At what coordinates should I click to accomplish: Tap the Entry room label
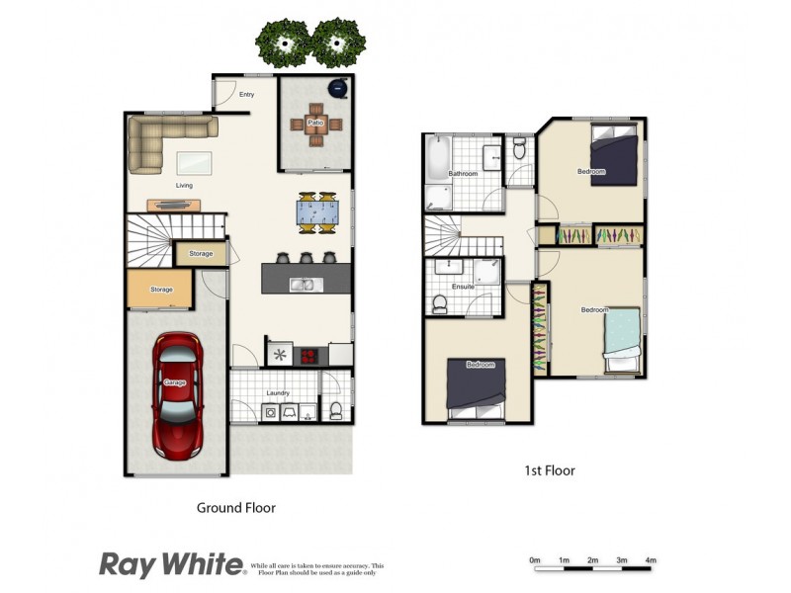click(x=247, y=95)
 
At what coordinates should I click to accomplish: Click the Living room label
click(x=184, y=185)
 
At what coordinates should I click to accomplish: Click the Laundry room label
click(x=278, y=393)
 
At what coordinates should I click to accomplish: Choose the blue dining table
click(x=320, y=212)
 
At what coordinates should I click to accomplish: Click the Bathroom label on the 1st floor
click(x=463, y=174)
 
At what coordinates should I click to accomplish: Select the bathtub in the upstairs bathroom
click(x=437, y=158)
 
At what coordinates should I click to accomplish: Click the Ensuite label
click(x=463, y=287)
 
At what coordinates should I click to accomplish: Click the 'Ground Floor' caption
click(x=235, y=508)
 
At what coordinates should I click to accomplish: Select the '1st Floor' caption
click(x=551, y=470)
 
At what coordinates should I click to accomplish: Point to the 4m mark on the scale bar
click(x=650, y=560)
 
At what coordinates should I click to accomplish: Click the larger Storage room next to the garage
click(x=162, y=290)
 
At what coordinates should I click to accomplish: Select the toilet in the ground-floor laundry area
click(x=336, y=409)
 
